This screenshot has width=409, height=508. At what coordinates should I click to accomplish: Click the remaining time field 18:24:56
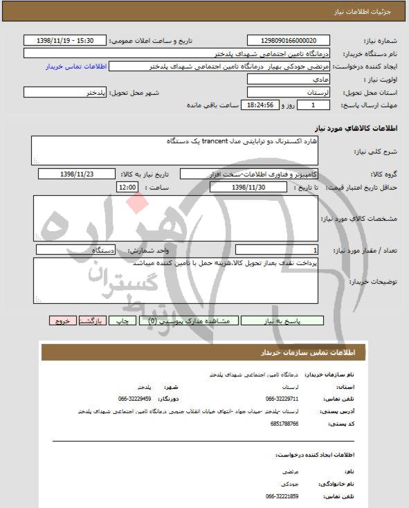(260, 105)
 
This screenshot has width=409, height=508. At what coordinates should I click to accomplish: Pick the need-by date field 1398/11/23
(77, 174)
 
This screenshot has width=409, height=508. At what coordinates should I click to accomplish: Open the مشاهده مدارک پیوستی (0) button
(189, 321)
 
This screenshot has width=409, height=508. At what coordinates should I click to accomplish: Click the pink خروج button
(64, 321)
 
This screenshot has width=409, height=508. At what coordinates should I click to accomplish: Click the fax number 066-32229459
(135, 399)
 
